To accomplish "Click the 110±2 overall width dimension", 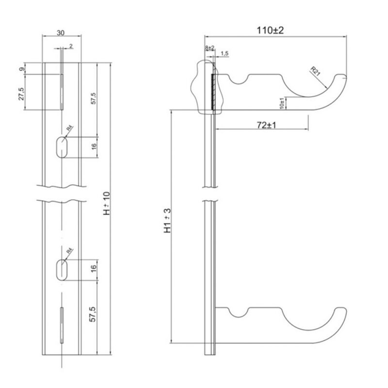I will pyautogui.click(x=270, y=30).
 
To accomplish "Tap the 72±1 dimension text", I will pyautogui.click(x=266, y=125).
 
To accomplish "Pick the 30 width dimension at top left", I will pyautogui.click(x=61, y=33).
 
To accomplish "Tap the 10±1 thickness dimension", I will pyautogui.click(x=282, y=102).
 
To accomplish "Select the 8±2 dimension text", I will pyautogui.click(x=210, y=48).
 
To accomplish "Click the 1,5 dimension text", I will pyautogui.click(x=225, y=52).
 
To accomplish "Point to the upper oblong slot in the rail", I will pyautogui.click(x=61, y=147).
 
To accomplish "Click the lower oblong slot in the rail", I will pyautogui.click(x=61, y=270).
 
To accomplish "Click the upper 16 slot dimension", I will pyautogui.click(x=93, y=145).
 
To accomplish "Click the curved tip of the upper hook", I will pyautogui.click(x=342, y=77).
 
